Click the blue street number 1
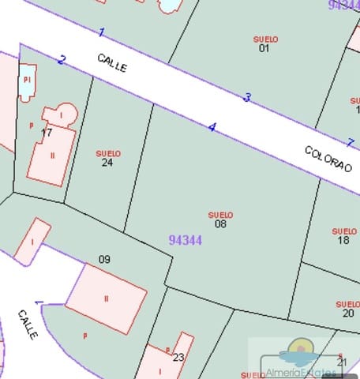101,32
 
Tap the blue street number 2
62,60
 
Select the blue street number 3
247,98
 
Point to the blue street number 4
212,127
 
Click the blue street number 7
351,142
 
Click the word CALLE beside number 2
112,63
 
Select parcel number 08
220,224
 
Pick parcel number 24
107,163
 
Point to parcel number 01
264,48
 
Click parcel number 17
47,133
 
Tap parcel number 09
104,259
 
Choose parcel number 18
343,240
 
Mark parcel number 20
348,313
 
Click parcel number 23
178,357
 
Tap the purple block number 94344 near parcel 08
186,240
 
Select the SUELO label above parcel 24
108,153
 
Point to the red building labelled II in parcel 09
106,298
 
